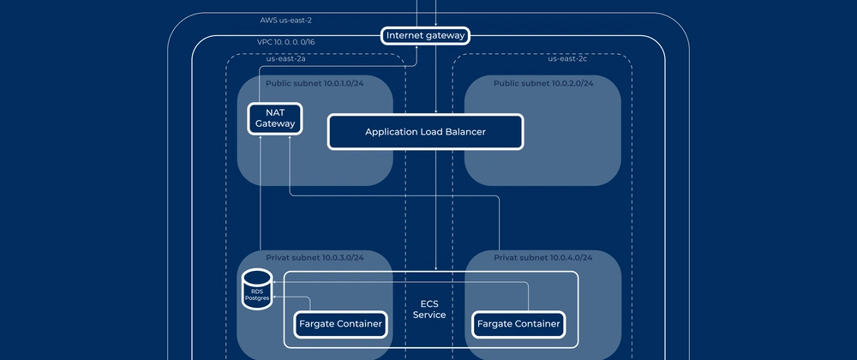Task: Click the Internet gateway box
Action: [426, 35]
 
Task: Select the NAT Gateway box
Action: [275, 117]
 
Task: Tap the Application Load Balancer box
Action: [425, 132]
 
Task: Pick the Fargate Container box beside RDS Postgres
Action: [340, 324]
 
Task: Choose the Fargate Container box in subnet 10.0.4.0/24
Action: [518, 324]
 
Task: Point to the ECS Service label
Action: [428, 309]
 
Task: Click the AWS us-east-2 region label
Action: [287, 20]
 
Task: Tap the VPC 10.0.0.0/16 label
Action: [285, 42]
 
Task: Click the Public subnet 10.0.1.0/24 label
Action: [314, 83]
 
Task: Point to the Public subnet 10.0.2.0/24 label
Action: [542, 83]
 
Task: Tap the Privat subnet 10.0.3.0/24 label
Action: [314, 257]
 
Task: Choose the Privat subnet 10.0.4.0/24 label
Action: [542, 257]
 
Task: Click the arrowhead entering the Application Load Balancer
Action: [436, 111]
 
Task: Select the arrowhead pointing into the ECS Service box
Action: [436, 267]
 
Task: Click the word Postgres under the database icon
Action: [256, 298]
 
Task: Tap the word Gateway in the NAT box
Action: [275, 123]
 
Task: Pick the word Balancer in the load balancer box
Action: [463, 132]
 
